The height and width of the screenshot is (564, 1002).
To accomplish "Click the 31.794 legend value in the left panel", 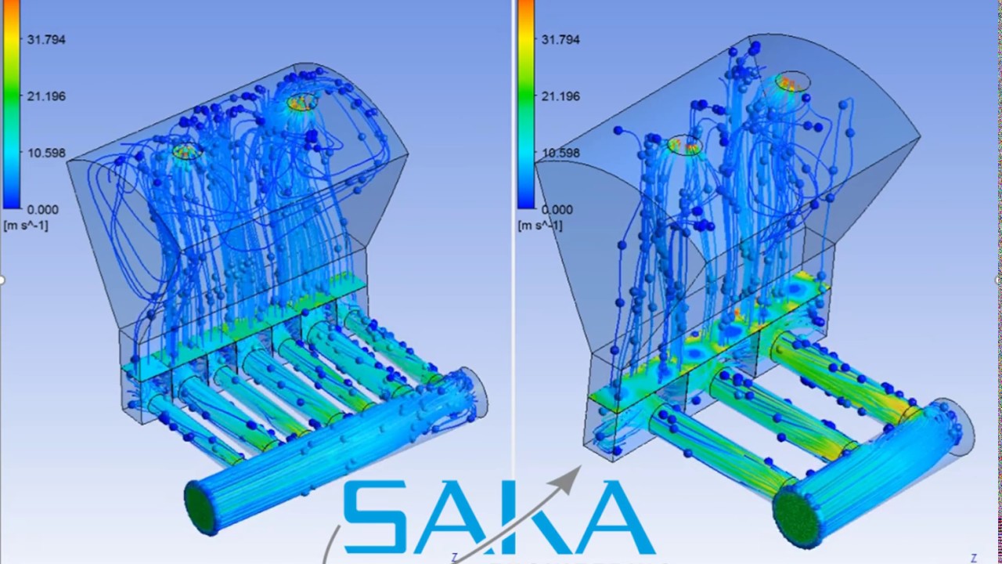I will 45,40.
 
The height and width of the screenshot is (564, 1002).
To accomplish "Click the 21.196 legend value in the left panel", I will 45,96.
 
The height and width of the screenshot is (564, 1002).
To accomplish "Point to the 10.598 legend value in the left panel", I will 45,153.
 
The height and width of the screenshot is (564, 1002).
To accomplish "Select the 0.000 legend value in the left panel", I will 43,209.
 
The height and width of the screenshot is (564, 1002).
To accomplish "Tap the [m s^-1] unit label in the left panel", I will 26,226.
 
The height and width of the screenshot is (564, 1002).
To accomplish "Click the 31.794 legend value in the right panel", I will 560,40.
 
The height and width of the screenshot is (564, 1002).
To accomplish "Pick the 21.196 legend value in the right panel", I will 560,96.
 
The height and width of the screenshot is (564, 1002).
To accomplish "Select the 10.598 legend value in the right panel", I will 560,153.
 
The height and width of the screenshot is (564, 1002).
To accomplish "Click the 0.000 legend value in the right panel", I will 557,209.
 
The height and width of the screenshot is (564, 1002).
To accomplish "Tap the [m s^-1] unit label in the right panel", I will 540,226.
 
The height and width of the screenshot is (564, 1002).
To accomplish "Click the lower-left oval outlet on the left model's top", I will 186,151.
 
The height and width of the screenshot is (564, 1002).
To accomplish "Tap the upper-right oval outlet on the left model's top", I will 302,102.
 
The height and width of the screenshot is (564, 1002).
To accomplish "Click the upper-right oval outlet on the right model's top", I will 793,80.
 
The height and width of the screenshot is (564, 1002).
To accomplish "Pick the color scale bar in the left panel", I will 11,106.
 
